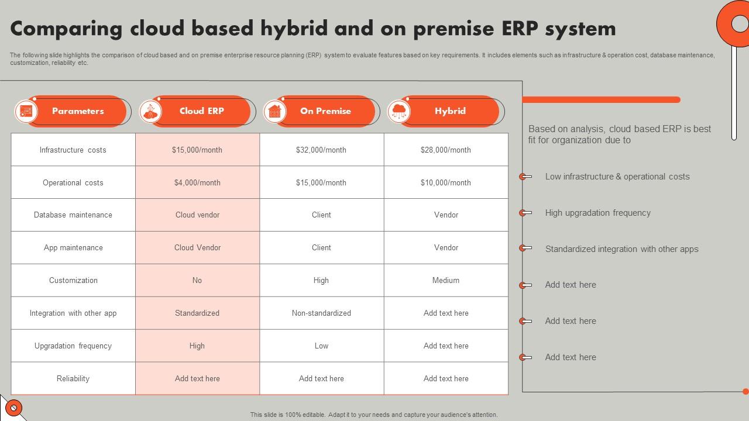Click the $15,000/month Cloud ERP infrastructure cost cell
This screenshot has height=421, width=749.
point(197,150)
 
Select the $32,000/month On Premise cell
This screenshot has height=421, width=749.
point(321,150)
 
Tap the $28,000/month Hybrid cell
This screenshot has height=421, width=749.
point(446,150)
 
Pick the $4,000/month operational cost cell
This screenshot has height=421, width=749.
point(197,182)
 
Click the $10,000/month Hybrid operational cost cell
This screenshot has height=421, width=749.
point(446,182)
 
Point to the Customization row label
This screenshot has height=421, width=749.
point(73,280)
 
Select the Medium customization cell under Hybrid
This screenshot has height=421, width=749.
point(446,280)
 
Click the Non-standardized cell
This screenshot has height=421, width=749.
point(321,313)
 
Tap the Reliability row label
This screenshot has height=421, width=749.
point(73,378)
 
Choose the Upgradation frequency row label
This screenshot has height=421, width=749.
point(73,346)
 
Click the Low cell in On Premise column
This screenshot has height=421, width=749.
point(321,346)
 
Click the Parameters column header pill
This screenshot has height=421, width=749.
point(78,111)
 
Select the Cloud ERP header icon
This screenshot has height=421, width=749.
point(150,111)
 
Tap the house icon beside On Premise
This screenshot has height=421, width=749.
point(274,111)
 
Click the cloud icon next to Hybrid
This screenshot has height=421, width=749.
point(399,111)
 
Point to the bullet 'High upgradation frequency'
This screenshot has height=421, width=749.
point(597,213)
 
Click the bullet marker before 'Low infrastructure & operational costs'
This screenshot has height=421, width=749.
point(525,177)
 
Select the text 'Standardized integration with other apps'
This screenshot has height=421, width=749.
point(621,249)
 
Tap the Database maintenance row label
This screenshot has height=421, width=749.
point(73,215)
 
